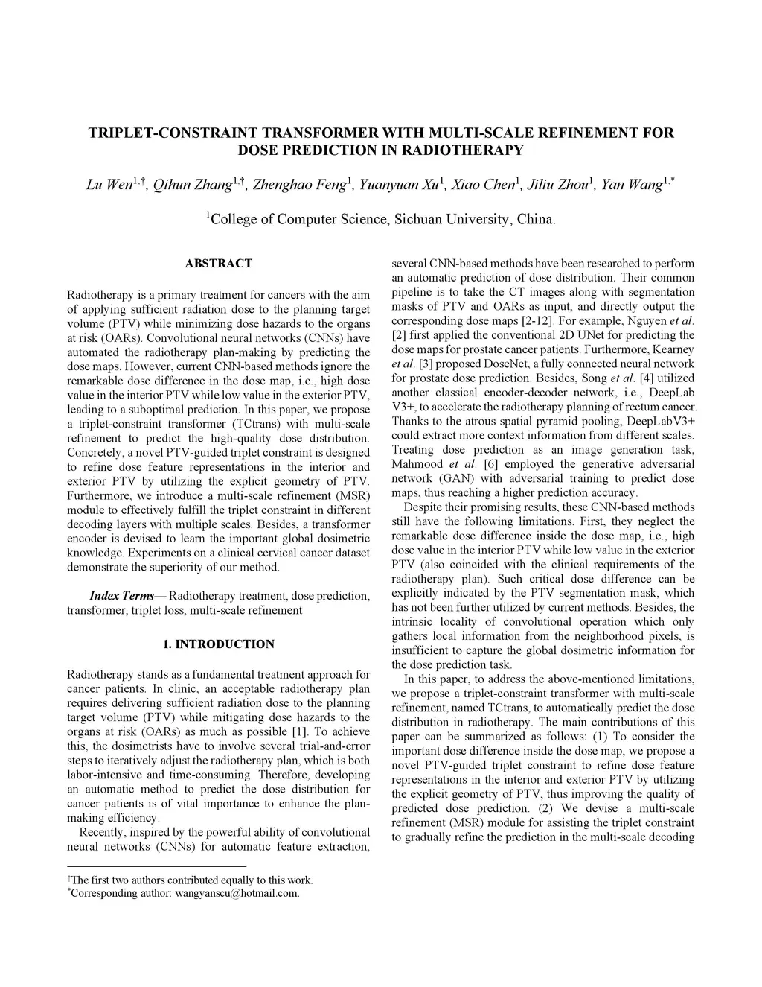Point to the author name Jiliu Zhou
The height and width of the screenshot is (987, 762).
coord(557,185)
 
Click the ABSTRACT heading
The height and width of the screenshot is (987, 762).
coord(218,263)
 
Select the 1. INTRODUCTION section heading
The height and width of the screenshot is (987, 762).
coord(218,644)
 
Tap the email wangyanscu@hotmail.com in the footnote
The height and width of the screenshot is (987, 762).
coord(237,893)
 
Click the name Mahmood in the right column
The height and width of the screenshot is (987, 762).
coord(415,464)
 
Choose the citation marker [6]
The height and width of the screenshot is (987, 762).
coord(490,464)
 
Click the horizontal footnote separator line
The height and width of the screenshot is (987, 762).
coord(156,866)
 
